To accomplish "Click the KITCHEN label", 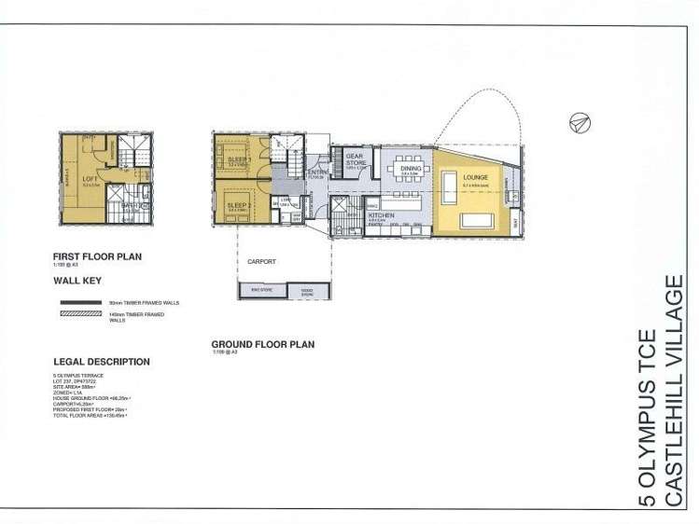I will tap(381, 215).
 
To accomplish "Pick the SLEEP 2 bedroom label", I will tap(238, 204).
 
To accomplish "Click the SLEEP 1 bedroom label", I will tap(239, 160).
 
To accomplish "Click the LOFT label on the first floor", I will tap(90, 177).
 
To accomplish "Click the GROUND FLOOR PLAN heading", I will tap(262, 344).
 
